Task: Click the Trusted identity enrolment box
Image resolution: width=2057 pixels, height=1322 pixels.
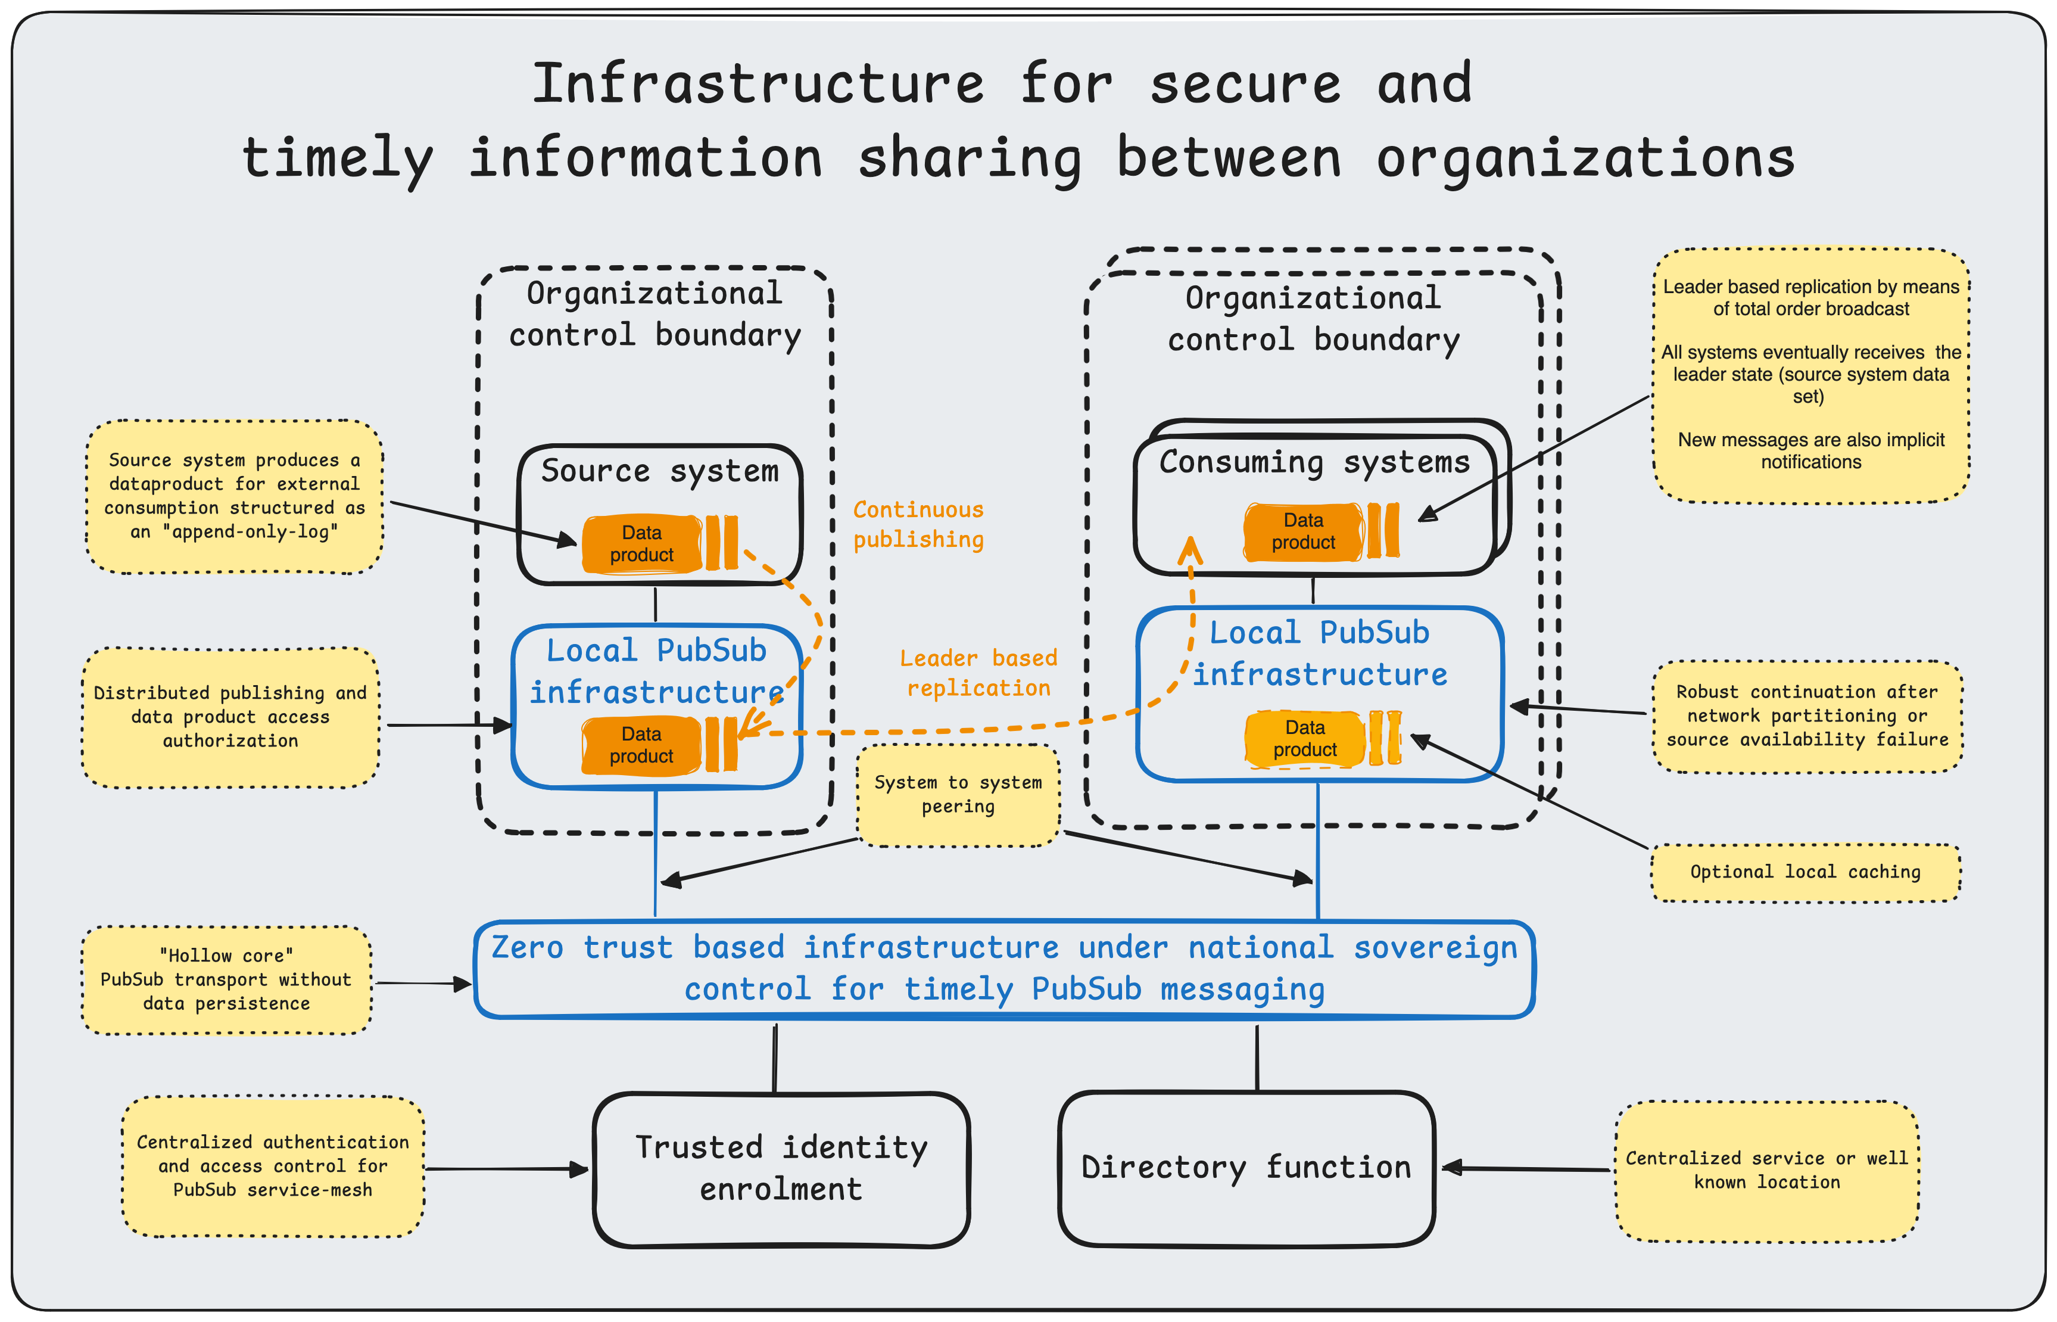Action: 781,1169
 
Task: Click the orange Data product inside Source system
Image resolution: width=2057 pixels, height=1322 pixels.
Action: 642,543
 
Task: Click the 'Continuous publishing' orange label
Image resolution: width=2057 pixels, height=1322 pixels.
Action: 918,524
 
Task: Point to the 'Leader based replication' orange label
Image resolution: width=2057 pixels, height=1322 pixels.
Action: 978,673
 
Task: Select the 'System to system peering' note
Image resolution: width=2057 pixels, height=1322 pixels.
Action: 958,795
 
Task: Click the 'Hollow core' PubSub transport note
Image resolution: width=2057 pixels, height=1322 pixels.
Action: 226,979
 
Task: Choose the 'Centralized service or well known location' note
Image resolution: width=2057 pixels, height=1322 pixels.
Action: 1767,1170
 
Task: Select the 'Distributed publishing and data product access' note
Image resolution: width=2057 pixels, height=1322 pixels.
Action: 230,717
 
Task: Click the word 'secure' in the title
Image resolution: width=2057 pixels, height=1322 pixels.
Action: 1244,84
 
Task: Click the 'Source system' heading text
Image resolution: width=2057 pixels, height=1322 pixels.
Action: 659,471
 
